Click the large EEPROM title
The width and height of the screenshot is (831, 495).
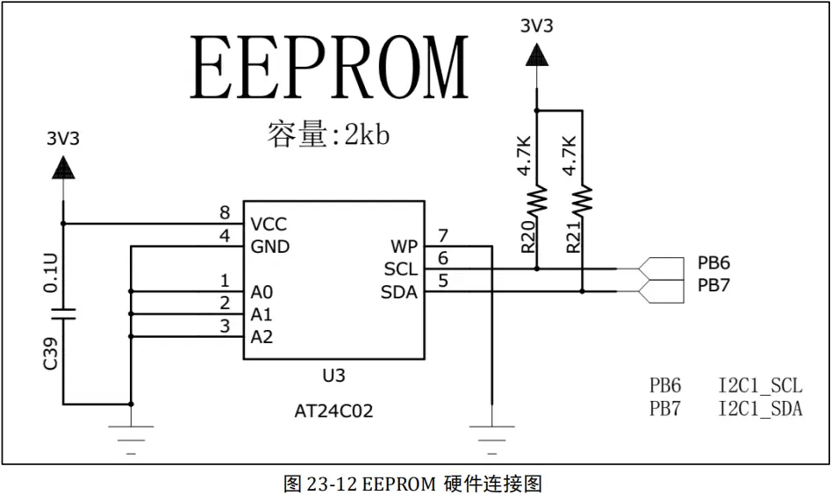330,69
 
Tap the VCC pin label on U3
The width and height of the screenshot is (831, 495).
268,225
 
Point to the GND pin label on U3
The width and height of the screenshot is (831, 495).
269,247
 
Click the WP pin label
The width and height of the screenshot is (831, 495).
404,247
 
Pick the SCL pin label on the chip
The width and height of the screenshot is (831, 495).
401,269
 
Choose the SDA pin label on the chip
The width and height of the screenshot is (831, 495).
399,292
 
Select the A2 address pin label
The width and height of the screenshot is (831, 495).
261,337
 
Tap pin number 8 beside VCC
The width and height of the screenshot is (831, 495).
225,213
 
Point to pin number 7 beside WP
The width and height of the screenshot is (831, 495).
443,235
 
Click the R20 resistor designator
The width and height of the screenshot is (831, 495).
527,237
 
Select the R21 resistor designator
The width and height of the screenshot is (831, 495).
573,237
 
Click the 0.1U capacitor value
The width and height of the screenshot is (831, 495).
52,273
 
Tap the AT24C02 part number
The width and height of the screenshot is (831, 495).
333,411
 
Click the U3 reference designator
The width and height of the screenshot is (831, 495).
333,376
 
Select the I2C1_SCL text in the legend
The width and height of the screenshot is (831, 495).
760,385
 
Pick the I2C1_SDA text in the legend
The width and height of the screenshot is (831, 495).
760,408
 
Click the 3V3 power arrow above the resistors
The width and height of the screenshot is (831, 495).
537,58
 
